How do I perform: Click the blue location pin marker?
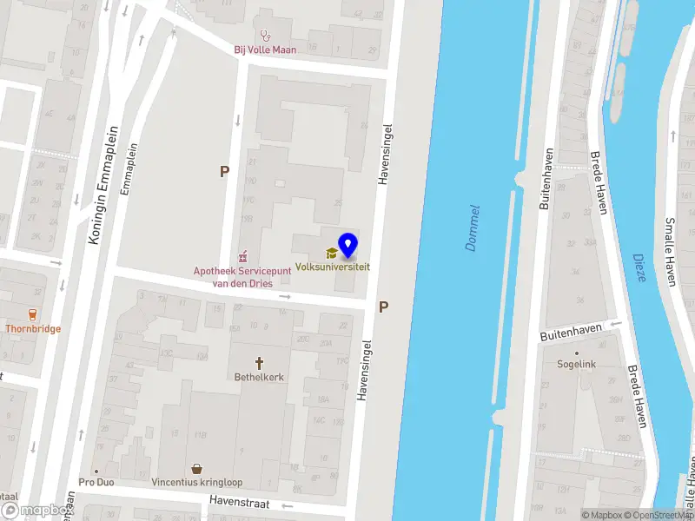pos(347,245)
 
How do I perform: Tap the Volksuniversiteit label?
pos(332,267)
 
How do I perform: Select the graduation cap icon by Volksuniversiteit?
pos(330,254)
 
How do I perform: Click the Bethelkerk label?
pos(259,377)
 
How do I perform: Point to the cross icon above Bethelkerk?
pos(259,362)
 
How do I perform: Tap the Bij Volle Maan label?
pos(265,49)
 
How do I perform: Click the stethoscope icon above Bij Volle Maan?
pos(265,36)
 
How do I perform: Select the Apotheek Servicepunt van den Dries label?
pos(233,277)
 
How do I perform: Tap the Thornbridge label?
pos(33,329)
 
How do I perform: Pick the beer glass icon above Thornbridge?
pos(33,314)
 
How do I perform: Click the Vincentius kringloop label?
pos(198,482)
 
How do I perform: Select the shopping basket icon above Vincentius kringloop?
pos(198,468)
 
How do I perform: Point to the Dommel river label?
pos(473,228)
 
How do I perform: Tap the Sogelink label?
pos(577,365)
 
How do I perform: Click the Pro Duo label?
pos(97,482)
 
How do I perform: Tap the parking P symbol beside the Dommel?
pos(383,307)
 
